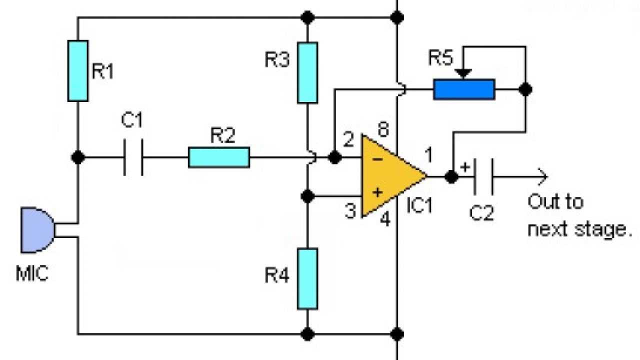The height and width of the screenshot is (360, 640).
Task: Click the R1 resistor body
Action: (x=77, y=70)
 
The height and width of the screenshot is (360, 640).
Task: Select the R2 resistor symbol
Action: (x=218, y=157)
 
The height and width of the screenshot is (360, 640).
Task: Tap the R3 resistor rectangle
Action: (x=307, y=72)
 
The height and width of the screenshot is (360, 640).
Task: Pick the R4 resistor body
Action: (x=307, y=278)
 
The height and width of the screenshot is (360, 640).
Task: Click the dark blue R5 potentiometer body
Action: (x=464, y=89)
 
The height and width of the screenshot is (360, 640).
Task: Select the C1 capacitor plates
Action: (x=133, y=157)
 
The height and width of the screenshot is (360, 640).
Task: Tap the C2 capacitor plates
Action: (x=483, y=176)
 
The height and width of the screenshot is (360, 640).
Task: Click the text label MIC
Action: (x=32, y=274)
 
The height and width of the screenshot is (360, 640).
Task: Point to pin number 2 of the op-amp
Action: (x=347, y=141)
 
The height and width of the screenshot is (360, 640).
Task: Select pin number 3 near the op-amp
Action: (x=350, y=211)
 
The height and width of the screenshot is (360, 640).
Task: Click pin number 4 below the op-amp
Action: (x=384, y=219)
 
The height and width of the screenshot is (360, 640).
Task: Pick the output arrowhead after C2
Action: (x=542, y=176)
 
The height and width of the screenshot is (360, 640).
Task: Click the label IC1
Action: (x=419, y=205)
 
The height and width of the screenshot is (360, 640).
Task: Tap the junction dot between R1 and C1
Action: (x=77, y=157)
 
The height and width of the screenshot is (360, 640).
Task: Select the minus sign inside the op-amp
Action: (x=378, y=159)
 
